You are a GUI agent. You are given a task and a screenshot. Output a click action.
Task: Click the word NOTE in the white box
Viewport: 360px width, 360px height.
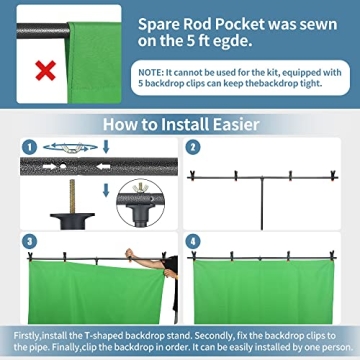[x=153, y=73]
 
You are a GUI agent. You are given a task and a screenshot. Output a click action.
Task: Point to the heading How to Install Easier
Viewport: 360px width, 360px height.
[x=179, y=124]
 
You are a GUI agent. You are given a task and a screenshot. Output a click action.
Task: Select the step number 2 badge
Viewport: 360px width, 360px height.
[x=193, y=147]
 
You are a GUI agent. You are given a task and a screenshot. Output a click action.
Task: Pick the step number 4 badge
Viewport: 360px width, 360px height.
[x=193, y=242]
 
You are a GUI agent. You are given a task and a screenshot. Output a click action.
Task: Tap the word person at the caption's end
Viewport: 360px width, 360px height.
[x=323, y=345]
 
